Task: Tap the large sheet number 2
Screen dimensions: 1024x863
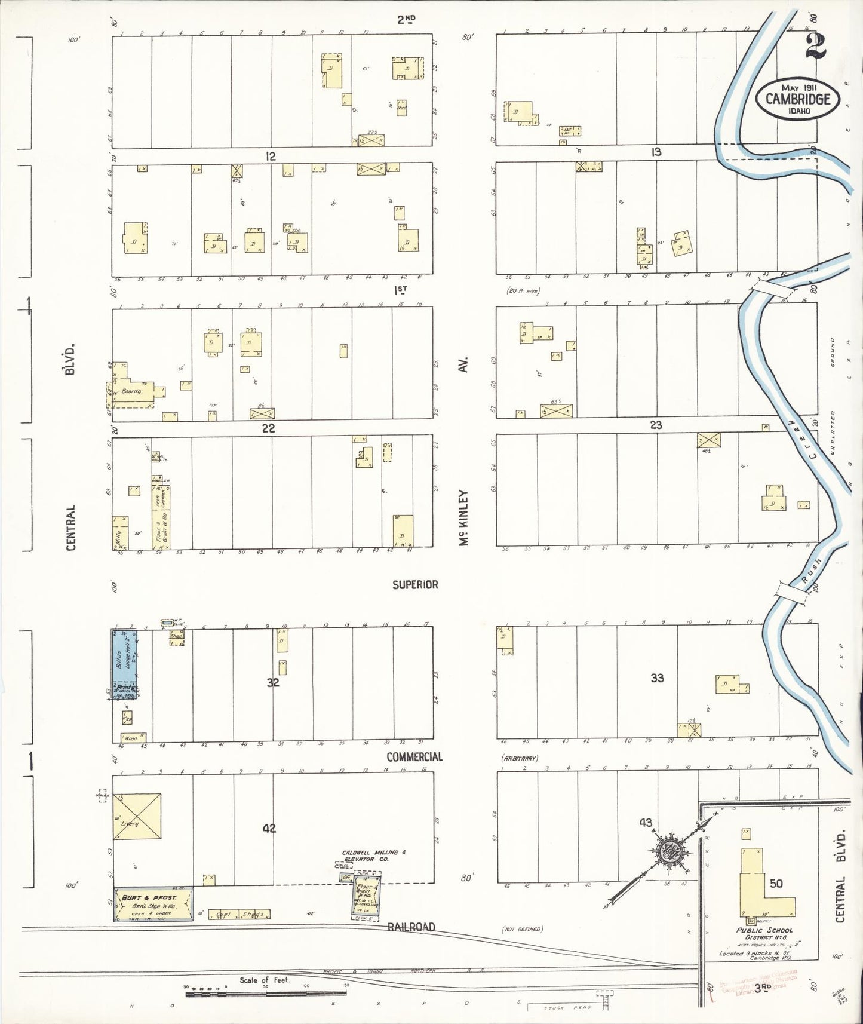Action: pos(815,46)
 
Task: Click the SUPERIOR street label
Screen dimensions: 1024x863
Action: pos(414,584)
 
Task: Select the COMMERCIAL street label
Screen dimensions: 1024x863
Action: pos(414,757)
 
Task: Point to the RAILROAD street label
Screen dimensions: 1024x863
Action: pos(411,927)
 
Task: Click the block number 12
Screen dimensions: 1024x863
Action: pos(271,157)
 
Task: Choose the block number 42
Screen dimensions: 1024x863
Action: pos(269,829)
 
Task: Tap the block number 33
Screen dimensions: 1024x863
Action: pos(657,678)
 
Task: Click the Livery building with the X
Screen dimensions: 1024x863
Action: pos(137,817)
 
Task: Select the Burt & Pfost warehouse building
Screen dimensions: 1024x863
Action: pos(153,904)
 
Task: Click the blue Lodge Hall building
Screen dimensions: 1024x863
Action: pos(125,659)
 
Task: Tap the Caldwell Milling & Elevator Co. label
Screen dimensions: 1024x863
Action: pos(373,856)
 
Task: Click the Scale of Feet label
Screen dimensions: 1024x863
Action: pos(264,980)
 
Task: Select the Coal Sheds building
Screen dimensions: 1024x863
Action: pos(239,914)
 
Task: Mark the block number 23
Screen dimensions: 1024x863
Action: pos(656,425)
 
